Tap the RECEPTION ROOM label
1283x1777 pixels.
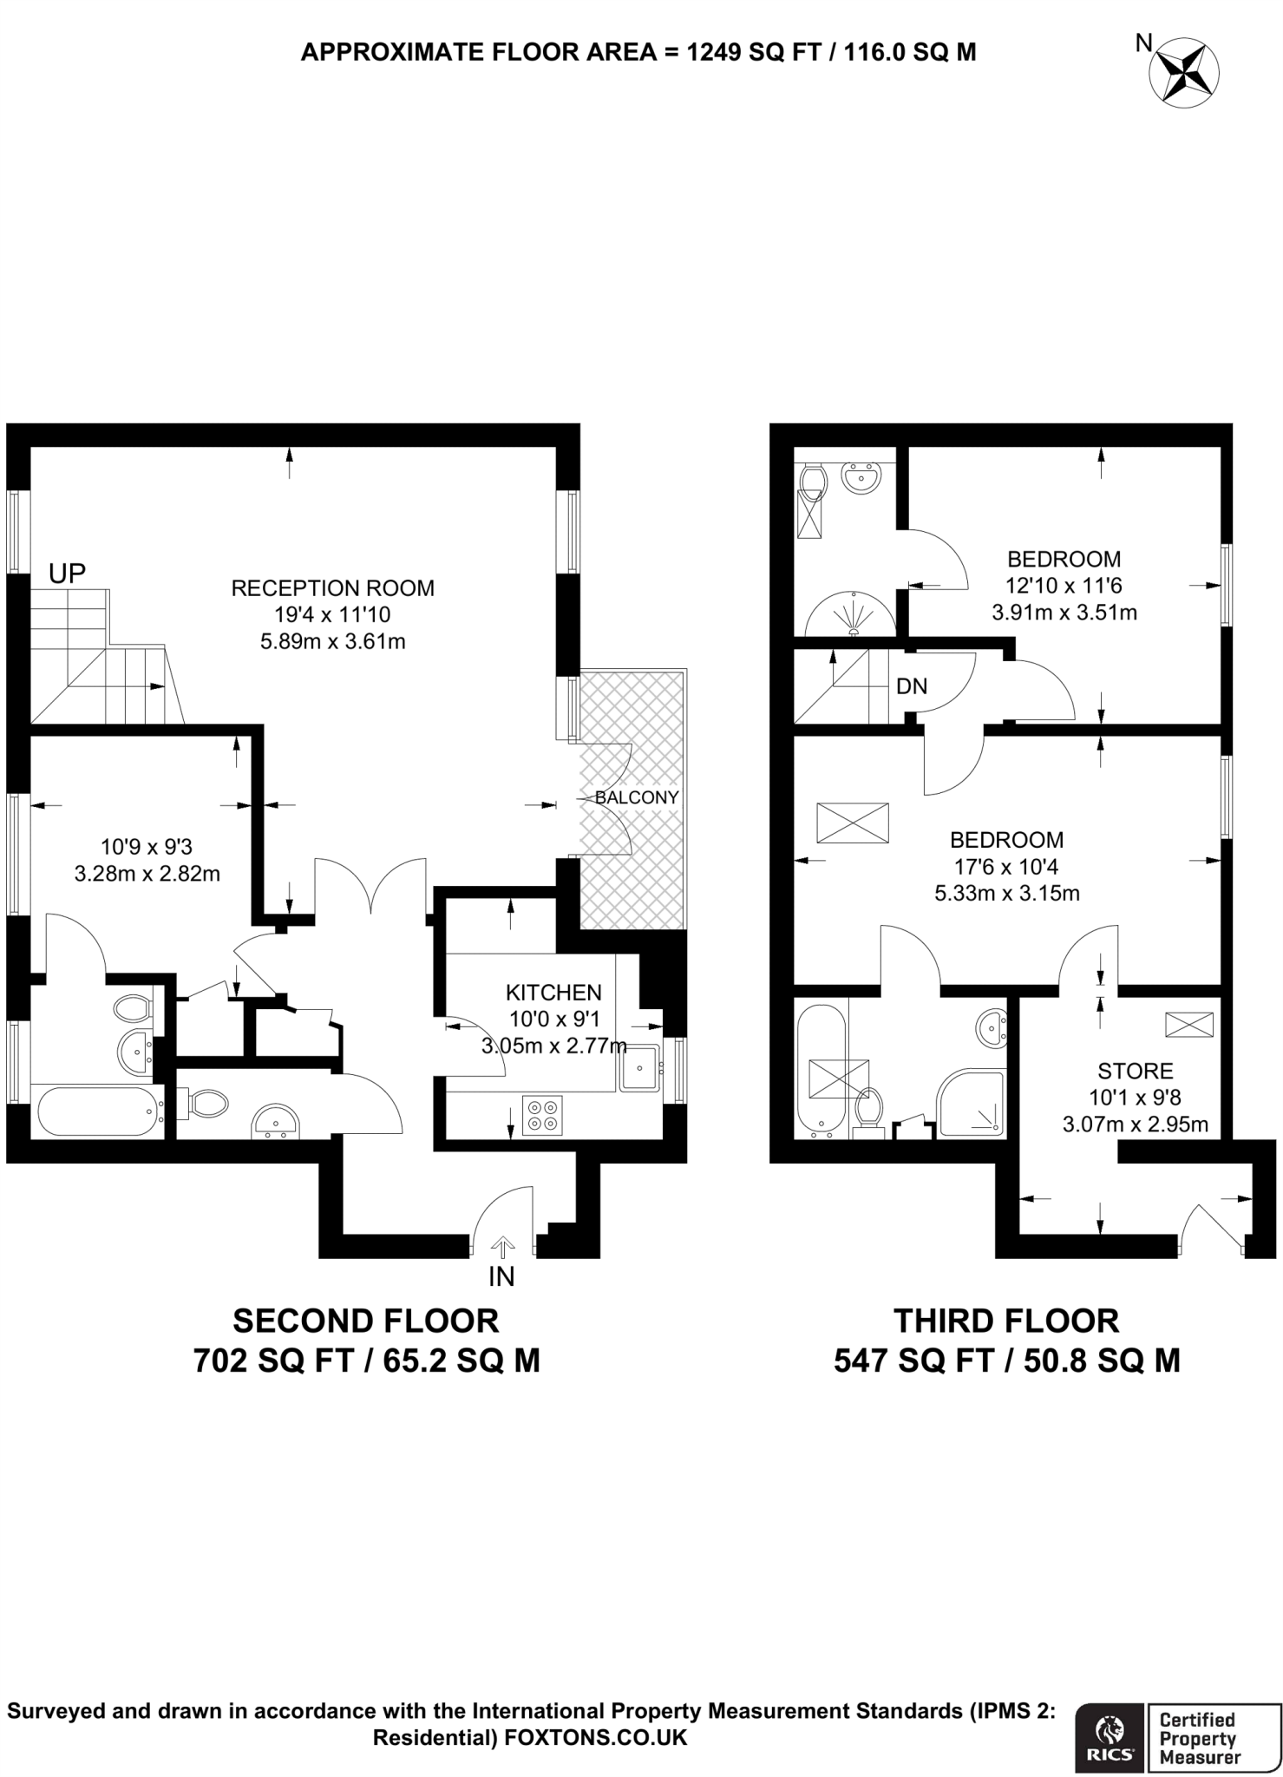click(332, 588)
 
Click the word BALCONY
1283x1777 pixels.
click(637, 797)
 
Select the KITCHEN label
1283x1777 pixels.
click(553, 992)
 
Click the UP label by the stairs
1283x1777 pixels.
click(67, 573)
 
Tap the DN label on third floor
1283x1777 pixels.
click(912, 687)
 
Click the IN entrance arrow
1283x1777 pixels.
click(501, 1250)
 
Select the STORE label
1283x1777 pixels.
click(1135, 1071)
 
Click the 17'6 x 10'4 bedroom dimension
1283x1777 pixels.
click(1006, 866)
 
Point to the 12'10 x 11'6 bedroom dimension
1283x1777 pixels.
click(1064, 586)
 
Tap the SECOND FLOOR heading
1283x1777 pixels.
click(366, 1321)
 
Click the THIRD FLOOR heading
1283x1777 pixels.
click(1006, 1321)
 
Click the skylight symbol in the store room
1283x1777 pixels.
click(1189, 1025)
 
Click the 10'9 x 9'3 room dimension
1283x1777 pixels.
click(147, 846)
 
